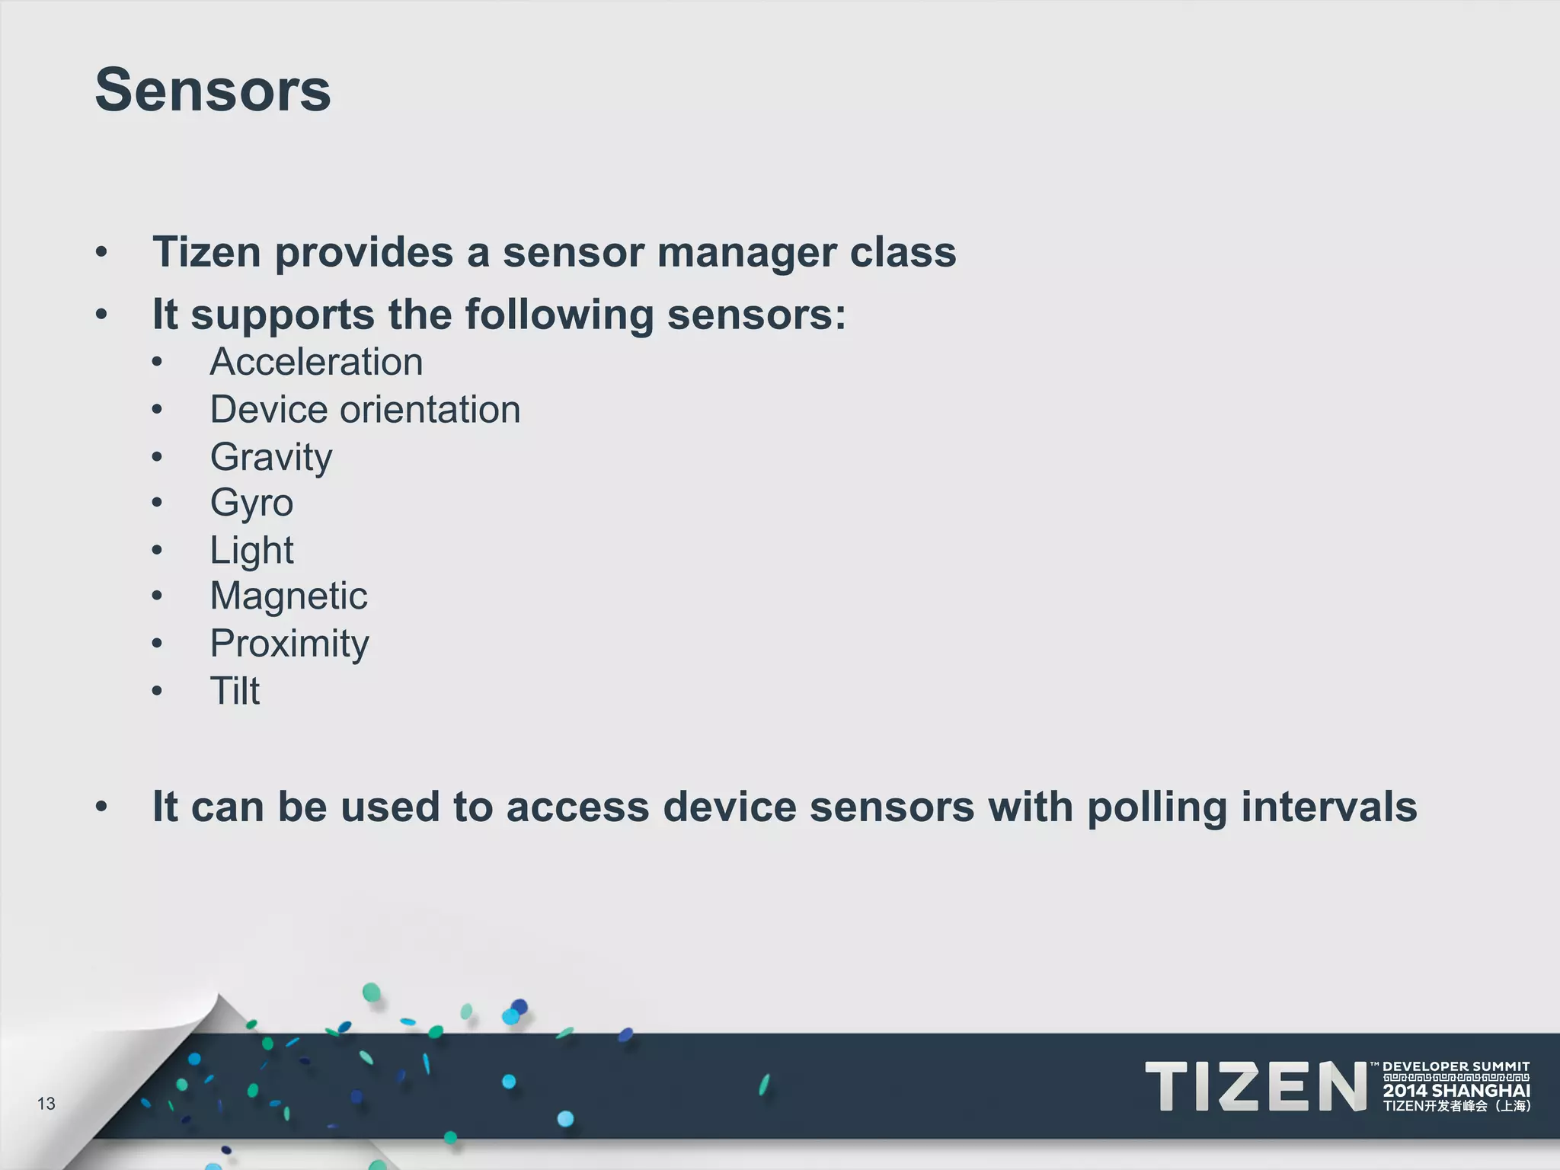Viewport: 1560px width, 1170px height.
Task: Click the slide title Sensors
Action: (x=213, y=90)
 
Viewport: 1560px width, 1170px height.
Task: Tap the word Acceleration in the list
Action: (x=316, y=362)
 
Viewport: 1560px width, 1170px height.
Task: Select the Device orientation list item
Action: (x=365, y=410)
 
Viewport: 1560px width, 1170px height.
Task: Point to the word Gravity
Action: (x=271, y=457)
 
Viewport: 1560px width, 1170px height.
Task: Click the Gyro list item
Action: (x=251, y=503)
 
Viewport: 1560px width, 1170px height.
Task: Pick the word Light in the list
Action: (x=251, y=550)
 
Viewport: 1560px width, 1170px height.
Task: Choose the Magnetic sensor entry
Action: (x=289, y=596)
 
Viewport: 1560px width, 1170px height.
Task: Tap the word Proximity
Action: (x=289, y=644)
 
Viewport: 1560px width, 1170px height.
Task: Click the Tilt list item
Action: (x=235, y=691)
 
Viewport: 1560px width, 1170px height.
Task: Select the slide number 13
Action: (x=46, y=1103)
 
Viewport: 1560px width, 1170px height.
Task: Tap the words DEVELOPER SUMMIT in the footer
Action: (x=1456, y=1067)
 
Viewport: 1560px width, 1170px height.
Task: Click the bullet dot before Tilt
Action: (x=157, y=691)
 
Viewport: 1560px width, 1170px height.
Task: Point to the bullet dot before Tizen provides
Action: (x=101, y=252)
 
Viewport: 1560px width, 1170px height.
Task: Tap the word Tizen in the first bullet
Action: (x=206, y=252)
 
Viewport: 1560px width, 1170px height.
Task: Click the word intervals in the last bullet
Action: (x=1329, y=807)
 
